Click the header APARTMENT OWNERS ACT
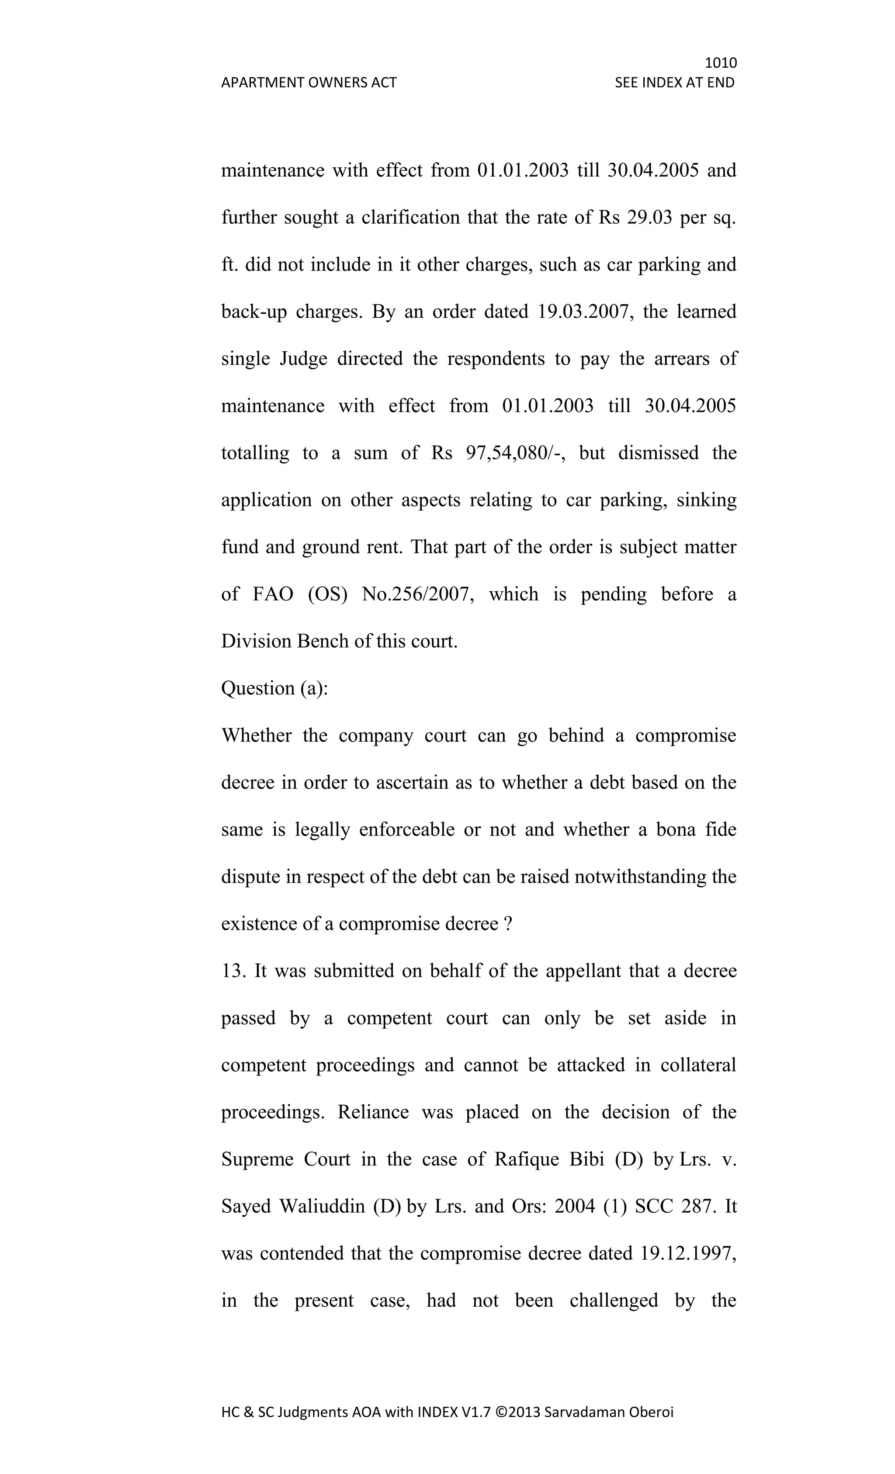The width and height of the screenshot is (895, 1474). (x=309, y=83)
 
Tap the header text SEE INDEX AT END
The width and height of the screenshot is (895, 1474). (x=674, y=83)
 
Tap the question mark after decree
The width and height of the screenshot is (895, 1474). (x=508, y=924)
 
